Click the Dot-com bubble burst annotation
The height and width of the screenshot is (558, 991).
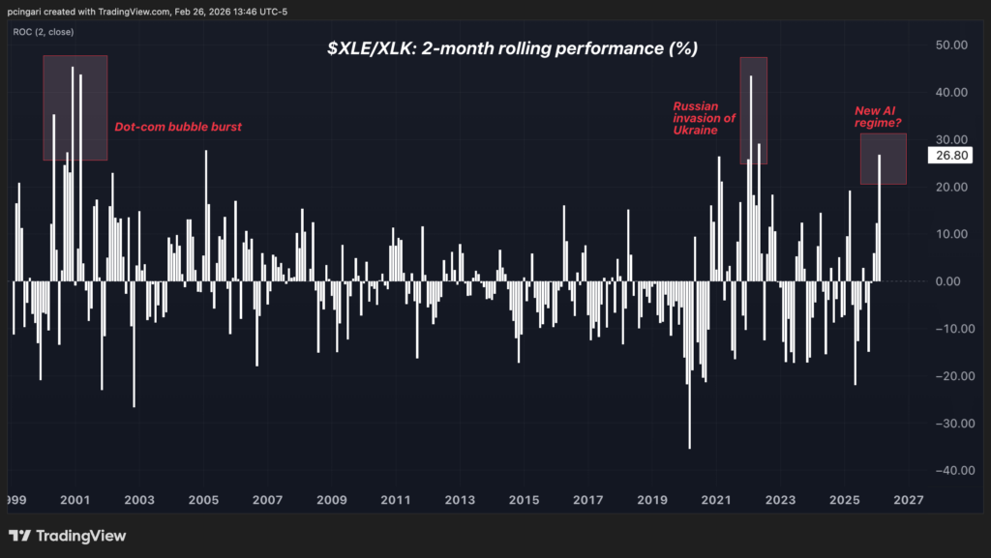click(178, 127)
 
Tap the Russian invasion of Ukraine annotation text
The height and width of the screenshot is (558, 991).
click(704, 117)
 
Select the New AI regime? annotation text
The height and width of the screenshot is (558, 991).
click(880, 117)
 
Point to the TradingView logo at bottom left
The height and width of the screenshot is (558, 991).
click(68, 536)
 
